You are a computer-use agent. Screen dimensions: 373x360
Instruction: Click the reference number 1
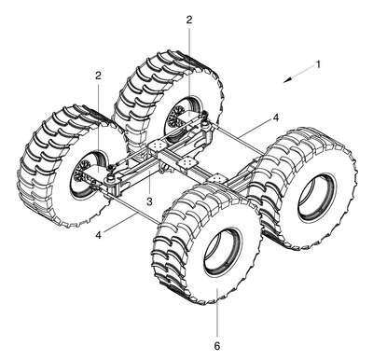(x=318, y=63)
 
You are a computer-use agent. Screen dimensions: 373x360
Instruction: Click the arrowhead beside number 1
(x=288, y=80)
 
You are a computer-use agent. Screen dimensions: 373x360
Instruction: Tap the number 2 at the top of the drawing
(x=189, y=20)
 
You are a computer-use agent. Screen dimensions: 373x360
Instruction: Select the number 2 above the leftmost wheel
(x=98, y=75)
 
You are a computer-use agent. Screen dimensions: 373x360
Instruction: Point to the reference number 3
(x=149, y=201)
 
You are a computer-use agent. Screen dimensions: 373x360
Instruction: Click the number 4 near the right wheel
(x=275, y=118)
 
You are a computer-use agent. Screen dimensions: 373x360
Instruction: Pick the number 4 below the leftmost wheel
(x=98, y=235)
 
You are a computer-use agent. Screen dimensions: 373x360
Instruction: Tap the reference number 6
(x=217, y=346)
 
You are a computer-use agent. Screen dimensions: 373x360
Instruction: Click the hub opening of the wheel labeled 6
(x=222, y=251)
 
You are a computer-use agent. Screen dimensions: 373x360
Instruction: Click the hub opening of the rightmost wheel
(x=316, y=197)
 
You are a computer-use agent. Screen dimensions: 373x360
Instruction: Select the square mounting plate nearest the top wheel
(x=156, y=145)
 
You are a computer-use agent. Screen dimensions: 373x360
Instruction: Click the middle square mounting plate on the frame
(x=188, y=162)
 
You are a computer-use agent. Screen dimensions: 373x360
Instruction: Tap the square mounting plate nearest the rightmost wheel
(x=218, y=178)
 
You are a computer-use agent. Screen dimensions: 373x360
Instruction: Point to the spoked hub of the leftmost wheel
(x=82, y=172)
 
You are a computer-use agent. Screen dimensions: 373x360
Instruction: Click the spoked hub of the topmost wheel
(x=175, y=116)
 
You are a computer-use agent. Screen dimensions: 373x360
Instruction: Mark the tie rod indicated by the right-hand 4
(x=240, y=138)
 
